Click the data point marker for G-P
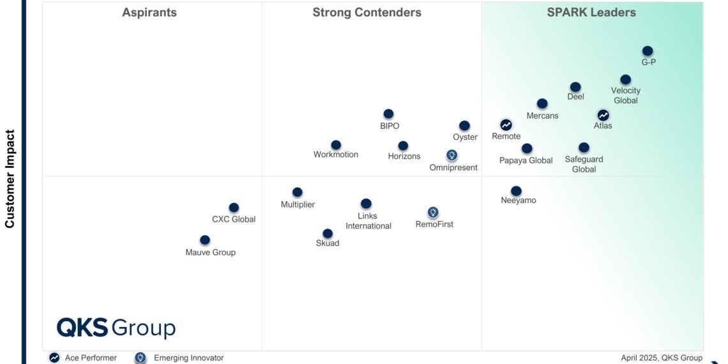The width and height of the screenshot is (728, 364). (648, 51)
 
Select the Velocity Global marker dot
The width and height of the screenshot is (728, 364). (626, 80)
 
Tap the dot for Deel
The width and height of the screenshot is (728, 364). (575, 87)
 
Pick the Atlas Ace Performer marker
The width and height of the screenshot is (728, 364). (603, 115)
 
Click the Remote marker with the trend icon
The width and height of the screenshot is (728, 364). (506, 125)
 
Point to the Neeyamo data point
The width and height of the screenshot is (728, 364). (516, 191)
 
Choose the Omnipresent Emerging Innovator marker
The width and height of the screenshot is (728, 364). (451, 155)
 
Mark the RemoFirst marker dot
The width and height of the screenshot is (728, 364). (433, 212)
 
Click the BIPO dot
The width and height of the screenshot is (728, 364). (388, 114)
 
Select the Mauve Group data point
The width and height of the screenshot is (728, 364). (205, 240)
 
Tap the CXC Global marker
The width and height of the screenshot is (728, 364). (234, 208)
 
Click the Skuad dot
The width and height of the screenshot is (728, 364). (328, 234)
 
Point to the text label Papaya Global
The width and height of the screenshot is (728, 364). (526, 160)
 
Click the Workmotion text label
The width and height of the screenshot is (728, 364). (336, 155)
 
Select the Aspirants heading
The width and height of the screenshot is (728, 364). (149, 13)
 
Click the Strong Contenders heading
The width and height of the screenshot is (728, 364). (367, 13)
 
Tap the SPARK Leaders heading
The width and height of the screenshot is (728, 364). (591, 13)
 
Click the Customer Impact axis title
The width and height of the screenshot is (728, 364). (10, 179)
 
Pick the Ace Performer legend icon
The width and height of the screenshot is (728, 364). (55, 358)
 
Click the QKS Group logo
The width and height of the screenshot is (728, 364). (116, 328)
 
